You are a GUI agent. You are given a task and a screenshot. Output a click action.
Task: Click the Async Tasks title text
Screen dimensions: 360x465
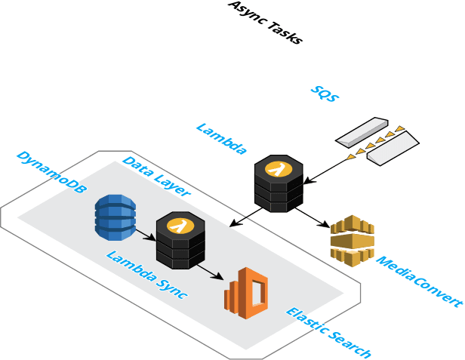266,23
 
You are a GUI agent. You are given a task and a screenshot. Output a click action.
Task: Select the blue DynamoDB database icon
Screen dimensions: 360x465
115,215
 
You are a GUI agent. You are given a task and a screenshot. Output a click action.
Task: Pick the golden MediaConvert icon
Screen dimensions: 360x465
353,240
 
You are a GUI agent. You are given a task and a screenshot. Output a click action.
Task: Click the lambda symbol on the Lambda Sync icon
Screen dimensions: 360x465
179,224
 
